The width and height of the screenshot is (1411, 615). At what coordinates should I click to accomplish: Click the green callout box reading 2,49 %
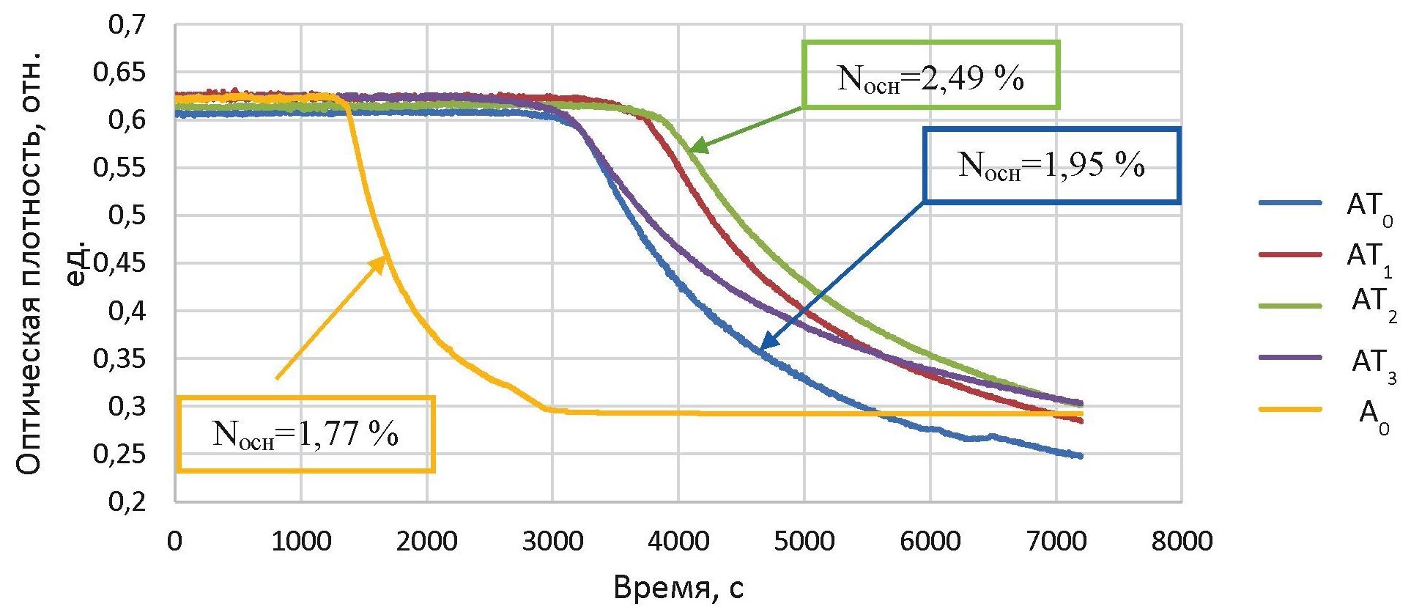pos(930,76)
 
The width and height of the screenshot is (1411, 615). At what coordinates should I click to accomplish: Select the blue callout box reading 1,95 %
pos(1051,166)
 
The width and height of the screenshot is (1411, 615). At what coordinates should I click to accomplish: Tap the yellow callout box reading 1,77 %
pos(305,435)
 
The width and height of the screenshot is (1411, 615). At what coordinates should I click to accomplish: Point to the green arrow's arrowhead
pos(695,149)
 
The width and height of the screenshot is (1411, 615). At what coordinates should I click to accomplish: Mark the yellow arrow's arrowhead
pos(383,258)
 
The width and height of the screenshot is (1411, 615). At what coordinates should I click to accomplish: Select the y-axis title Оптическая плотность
pos(29,264)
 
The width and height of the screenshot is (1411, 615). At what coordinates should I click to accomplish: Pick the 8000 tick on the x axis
pos(1181,542)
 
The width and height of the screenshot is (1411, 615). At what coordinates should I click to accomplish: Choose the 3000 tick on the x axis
pos(552,542)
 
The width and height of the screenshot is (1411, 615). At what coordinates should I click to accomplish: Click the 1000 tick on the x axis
pos(300,542)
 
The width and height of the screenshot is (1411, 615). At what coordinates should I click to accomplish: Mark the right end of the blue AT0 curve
pos(1081,456)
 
